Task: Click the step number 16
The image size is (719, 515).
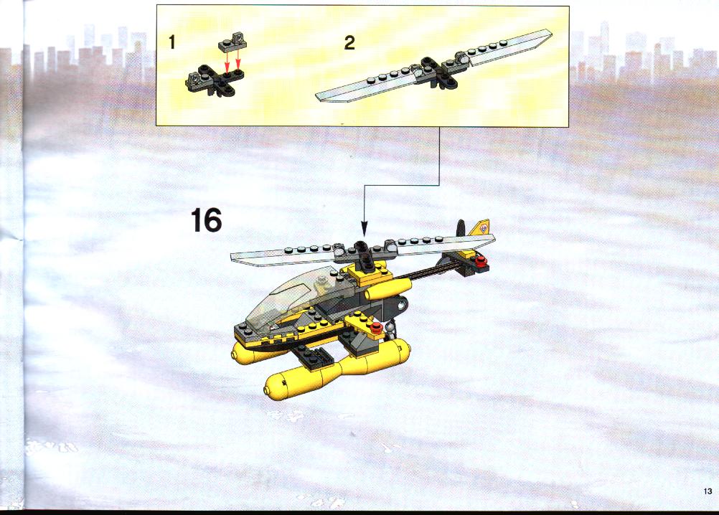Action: click(207, 220)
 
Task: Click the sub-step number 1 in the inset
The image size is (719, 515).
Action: click(172, 42)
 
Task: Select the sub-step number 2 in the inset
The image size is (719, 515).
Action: click(349, 43)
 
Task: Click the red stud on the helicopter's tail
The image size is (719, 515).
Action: click(481, 262)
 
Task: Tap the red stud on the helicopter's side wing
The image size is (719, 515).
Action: click(376, 327)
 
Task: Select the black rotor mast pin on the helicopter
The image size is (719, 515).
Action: click(365, 257)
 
